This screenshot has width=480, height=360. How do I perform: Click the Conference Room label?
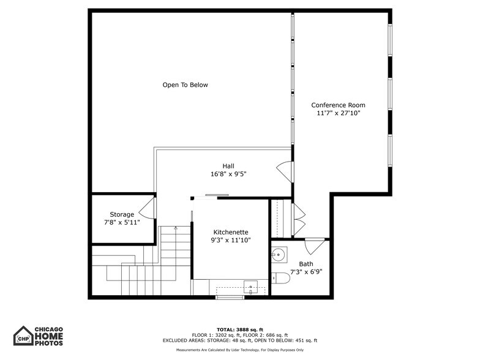pyautogui.click(x=338, y=105)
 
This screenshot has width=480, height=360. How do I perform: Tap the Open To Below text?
pyautogui.click(x=185, y=85)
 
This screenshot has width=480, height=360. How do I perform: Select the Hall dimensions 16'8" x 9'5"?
pyautogui.click(x=228, y=174)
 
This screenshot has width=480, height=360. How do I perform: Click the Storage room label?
pyautogui.click(x=122, y=214)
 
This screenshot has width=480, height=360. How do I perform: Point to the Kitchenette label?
pyautogui.click(x=231, y=232)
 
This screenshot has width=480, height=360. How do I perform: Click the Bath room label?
pyautogui.click(x=306, y=264)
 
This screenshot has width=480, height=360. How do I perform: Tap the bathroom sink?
pyautogui.click(x=279, y=253)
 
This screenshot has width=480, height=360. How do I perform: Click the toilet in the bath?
pyautogui.click(x=280, y=279)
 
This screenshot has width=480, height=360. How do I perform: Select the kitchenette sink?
pyautogui.click(x=250, y=286)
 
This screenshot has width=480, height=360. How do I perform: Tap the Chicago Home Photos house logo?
pyautogui.click(x=23, y=336)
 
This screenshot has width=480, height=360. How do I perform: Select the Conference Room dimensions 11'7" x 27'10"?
pyautogui.click(x=338, y=113)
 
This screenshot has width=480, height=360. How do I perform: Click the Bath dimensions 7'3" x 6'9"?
pyautogui.click(x=306, y=272)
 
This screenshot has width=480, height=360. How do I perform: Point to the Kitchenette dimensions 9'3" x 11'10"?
pyautogui.click(x=231, y=240)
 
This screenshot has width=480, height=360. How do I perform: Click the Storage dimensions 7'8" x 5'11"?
pyautogui.click(x=122, y=222)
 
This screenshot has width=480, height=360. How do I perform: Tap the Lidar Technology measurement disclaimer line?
pyautogui.click(x=239, y=350)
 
